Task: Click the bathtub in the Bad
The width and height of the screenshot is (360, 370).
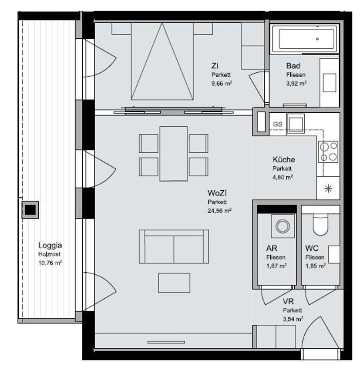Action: click(306, 39)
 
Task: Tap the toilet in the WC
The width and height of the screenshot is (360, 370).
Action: click(320, 225)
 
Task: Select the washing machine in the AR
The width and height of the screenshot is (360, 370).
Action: click(283, 226)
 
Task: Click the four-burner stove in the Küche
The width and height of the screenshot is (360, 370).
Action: click(328, 152)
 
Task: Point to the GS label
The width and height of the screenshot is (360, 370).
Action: click(277, 124)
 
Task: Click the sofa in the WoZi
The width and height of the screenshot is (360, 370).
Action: click(174, 246)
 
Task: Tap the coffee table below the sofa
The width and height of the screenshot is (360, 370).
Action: click(174, 283)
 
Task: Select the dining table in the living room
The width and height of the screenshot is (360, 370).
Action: click(174, 154)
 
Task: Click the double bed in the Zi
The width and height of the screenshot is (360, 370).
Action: click(162, 61)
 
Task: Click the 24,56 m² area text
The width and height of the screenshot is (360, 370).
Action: click(219, 211)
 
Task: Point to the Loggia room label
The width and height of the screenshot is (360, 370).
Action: click(50, 246)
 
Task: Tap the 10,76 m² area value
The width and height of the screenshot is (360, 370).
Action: click(50, 262)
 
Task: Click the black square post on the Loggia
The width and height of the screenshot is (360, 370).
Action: click(30, 210)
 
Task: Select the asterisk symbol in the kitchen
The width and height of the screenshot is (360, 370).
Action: click(328, 189)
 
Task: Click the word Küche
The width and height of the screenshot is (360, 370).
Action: click(284, 160)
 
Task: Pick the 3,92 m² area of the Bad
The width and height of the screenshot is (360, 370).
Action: click(296, 83)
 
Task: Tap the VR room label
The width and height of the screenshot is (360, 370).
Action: click(288, 301)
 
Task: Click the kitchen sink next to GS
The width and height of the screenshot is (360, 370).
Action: click(296, 124)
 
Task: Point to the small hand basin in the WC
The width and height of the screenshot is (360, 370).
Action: click(334, 254)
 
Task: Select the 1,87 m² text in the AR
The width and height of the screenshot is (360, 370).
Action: click(276, 266)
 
